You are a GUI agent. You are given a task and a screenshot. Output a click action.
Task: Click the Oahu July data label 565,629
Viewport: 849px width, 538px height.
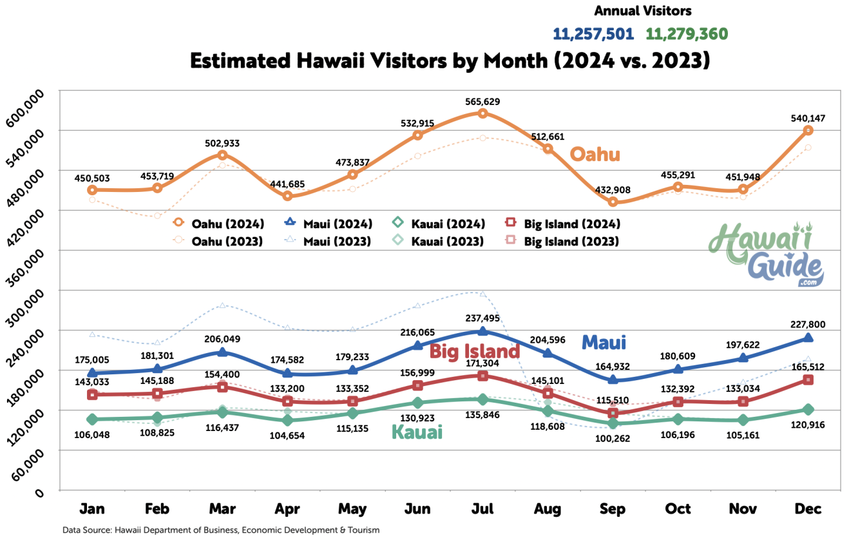(482, 102)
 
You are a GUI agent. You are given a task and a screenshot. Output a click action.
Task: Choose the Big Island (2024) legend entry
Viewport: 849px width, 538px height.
(564, 224)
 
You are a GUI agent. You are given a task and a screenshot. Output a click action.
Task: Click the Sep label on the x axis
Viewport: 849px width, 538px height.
(613, 509)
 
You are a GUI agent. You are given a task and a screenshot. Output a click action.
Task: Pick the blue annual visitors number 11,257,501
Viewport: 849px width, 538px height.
(593, 34)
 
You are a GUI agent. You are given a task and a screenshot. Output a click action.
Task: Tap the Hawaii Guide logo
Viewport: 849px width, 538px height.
(767, 255)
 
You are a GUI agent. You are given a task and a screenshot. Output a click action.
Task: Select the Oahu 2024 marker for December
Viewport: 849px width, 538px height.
(808, 130)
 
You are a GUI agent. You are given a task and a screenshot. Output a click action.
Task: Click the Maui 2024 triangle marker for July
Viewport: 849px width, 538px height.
(482, 331)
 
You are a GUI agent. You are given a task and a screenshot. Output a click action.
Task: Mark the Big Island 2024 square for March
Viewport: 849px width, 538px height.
(222, 387)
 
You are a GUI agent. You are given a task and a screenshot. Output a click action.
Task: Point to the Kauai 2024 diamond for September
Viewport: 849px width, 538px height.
(613, 423)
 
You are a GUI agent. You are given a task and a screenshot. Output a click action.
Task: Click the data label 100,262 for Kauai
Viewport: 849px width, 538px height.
(613, 438)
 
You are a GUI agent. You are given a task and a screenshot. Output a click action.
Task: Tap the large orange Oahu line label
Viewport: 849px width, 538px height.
(595, 155)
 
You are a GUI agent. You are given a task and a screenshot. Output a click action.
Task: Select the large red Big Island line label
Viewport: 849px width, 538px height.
(474, 351)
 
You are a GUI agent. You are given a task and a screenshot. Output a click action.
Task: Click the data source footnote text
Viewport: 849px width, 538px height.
(221, 530)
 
